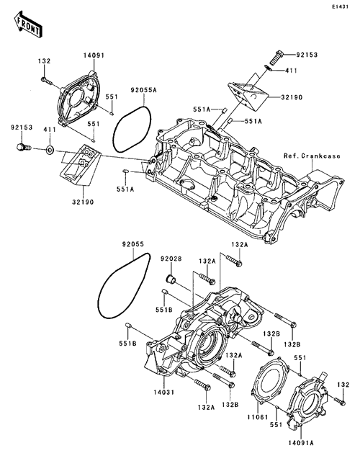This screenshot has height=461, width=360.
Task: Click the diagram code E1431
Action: (340, 6)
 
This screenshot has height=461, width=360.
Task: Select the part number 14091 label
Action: (94, 55)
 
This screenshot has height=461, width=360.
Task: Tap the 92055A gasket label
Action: (144, 90)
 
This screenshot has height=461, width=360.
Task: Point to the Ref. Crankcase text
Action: (312, 156)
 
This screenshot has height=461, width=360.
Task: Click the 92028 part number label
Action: (171, 259)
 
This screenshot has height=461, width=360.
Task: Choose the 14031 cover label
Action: (163, 392)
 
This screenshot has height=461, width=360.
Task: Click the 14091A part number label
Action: (301, 443)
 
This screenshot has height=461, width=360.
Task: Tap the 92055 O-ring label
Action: (133, 244)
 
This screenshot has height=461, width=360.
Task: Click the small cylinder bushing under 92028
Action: (171, 278)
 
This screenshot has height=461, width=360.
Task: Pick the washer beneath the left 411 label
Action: (50, 151)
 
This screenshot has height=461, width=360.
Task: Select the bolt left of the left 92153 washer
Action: (24, 147)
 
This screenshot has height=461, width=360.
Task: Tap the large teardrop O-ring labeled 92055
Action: (124, 285)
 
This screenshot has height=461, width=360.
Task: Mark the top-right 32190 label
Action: (292, 97)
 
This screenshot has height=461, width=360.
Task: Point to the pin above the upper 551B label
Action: (165, 292)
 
